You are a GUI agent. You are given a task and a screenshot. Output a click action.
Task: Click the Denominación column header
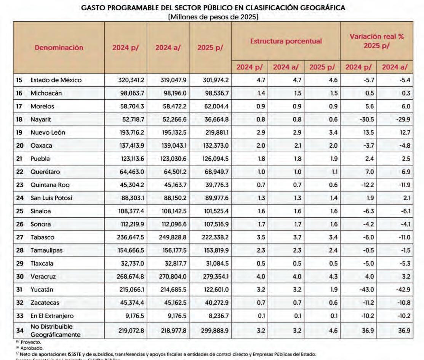point(59,48)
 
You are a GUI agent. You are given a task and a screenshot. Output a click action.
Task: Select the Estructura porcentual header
point(286,41)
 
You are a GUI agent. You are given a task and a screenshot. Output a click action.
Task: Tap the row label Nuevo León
point(48,132)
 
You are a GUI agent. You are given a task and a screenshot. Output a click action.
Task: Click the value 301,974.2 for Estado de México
point(212,80)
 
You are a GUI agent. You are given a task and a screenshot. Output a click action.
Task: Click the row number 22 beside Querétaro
point(19,172)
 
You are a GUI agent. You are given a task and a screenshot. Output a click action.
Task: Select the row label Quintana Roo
point(50,185)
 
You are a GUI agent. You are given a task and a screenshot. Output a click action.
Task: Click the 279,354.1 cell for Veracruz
point(212,277)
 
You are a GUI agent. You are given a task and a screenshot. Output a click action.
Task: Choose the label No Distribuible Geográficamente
point(55,331)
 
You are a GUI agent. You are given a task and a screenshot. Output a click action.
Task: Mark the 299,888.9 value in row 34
point(212,331)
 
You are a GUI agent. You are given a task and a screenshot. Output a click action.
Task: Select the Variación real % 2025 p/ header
point(376,41)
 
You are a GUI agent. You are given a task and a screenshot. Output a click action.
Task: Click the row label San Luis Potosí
point(51,198)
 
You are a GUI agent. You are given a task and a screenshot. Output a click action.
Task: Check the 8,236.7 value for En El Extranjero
point(216,316)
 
